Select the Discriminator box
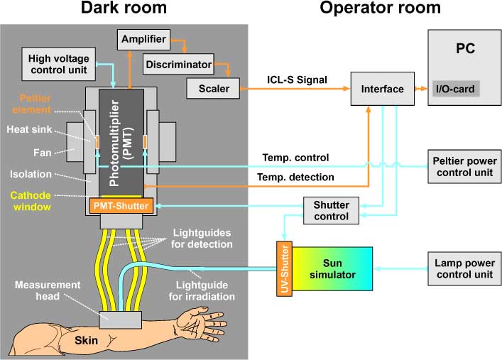click(178, 65)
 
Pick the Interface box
click(382, 89)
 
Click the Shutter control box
click(330, 210)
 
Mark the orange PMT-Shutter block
click(121, 206)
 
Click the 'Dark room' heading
click(124, 9)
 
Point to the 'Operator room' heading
click(380, 9)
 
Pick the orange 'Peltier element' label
click(30, 106)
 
